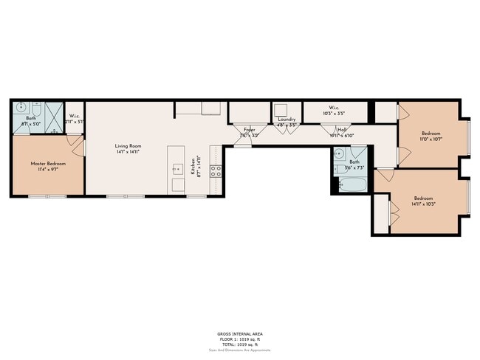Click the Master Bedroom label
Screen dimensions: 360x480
pyautogui.click(x=44, y=163)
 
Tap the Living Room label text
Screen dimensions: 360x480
pyautogui.click(x=127, y=145)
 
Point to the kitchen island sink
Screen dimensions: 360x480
pyautogui.click(x=177, y=168)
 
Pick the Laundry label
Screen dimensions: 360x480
pyautogui.click(x=287, y=120)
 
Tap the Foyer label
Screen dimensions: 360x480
pyautogui.click(x=249, y=130)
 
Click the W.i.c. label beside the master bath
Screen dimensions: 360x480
pyautogui.click(x=75, y=116)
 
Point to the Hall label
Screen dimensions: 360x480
pyautogui.click(x=343, y=130)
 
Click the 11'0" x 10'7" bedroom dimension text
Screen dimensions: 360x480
pyautogui.click(x=431, y=139)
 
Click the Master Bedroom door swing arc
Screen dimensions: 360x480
pyautogui.click(x=75, y=142)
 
